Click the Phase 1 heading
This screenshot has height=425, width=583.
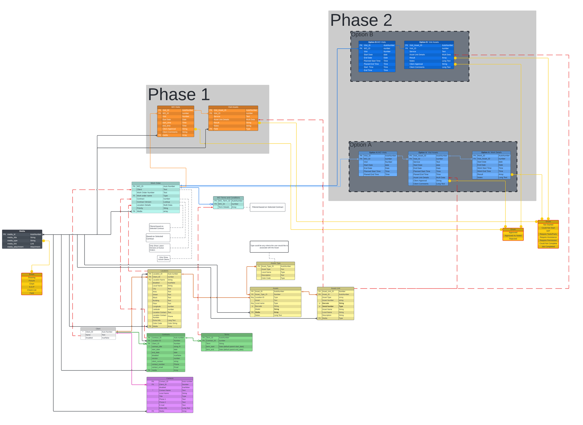tap(179, 95)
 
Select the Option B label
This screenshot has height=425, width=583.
tap(362, 34)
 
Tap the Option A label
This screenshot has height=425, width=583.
tap(360, 145)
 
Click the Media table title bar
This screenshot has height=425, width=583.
tap(22, 231)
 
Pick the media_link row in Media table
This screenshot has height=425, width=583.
tap(12, 244)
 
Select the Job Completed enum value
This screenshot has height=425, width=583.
tap(548, 246)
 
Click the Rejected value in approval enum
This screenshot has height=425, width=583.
tap(513, 239)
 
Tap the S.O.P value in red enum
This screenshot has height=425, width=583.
tap(31, 287)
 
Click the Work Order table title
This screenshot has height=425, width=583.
tap(155, 183)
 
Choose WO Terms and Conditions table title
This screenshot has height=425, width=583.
tap(228, 198)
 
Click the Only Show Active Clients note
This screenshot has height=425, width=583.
tap(164, 258)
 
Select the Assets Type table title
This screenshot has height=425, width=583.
tap(275, 263)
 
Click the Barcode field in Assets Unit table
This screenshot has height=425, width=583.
tap(326, 303)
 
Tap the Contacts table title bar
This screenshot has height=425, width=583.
tap(170, 378)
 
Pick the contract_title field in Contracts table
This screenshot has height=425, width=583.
tap(157, 347)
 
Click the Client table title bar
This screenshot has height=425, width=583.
tap(98, 329)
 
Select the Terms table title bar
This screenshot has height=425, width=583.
tap(226, 335)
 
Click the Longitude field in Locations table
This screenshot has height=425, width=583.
tap(157, 306)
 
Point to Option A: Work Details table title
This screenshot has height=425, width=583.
tap(491, 152)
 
